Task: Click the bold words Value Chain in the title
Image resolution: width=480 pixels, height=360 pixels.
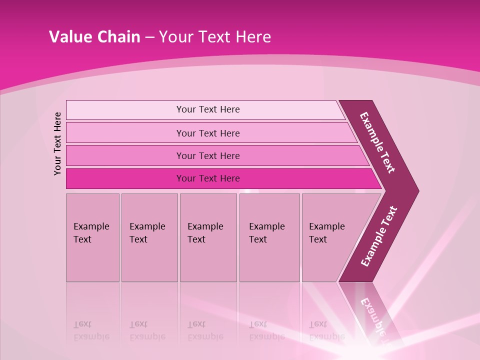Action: pos(94,37)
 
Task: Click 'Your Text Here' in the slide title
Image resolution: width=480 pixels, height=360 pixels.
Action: pos(215,37)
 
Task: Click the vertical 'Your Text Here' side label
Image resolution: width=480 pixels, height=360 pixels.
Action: pos(58,143)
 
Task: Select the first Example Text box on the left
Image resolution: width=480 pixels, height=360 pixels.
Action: pos(92,237)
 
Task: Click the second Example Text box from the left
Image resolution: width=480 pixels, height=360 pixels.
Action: pos(149,237)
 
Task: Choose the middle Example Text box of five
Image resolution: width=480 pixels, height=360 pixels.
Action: pos(208,237)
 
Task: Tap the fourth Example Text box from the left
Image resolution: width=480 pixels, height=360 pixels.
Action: pos(269,237)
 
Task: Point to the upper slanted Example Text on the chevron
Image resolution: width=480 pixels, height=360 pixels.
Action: pos(377,142)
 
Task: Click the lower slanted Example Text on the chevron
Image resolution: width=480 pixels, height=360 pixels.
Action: pos(379,236)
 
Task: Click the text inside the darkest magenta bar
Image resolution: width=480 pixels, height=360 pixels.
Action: pos(208,178)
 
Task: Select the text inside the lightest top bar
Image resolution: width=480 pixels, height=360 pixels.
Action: pos(208,109)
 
